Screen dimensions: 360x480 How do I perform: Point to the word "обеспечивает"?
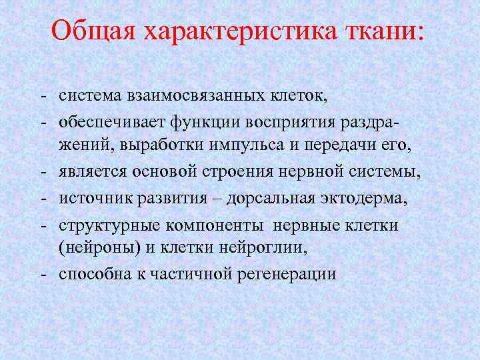(x=107, y=121)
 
